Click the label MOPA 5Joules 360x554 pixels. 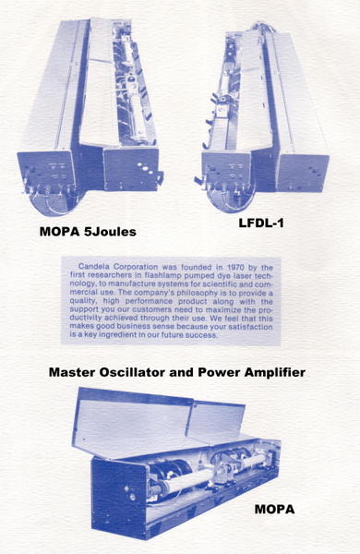click(88, 232)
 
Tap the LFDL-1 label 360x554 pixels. click(261, 223)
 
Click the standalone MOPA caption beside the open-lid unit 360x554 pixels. click(274, 509)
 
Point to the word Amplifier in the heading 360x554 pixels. click(275, 372)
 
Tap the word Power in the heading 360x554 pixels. click(219, 372)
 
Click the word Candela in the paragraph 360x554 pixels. click(94, 267)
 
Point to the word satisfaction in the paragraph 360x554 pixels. click(250, 327)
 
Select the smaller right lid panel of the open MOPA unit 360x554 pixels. click(215, 422)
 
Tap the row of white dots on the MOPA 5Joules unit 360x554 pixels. click(146, 169)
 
